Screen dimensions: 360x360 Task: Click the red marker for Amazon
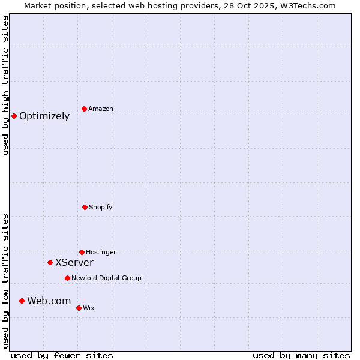[84, 109]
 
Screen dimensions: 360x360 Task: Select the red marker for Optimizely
[14, 116]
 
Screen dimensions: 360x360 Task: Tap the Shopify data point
[85, 207]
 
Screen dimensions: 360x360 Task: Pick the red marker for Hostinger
[82, 252]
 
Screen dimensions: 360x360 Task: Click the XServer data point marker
[50, 262]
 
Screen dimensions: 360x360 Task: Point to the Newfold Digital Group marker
[67, 278]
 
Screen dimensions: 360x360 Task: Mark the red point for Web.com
[22, 301]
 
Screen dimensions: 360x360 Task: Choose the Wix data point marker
[79, 308]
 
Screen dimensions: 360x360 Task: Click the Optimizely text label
[44, 116]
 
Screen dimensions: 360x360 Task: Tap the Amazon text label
[101, 109]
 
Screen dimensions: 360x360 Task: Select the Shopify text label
[101, 208]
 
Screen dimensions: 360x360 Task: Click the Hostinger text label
[101, 253]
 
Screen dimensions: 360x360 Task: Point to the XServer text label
[74, 263]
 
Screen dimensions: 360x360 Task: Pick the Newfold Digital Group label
[106, 278]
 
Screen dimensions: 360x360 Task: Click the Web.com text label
[49, 301]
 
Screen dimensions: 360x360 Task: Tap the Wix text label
[89, 308]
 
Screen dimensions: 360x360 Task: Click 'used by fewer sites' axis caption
[62, 355]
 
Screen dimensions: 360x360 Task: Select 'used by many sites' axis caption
[301, 355]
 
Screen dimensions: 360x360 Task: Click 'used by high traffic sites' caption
[5, 85]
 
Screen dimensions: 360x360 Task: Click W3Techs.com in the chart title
[308, 5]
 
